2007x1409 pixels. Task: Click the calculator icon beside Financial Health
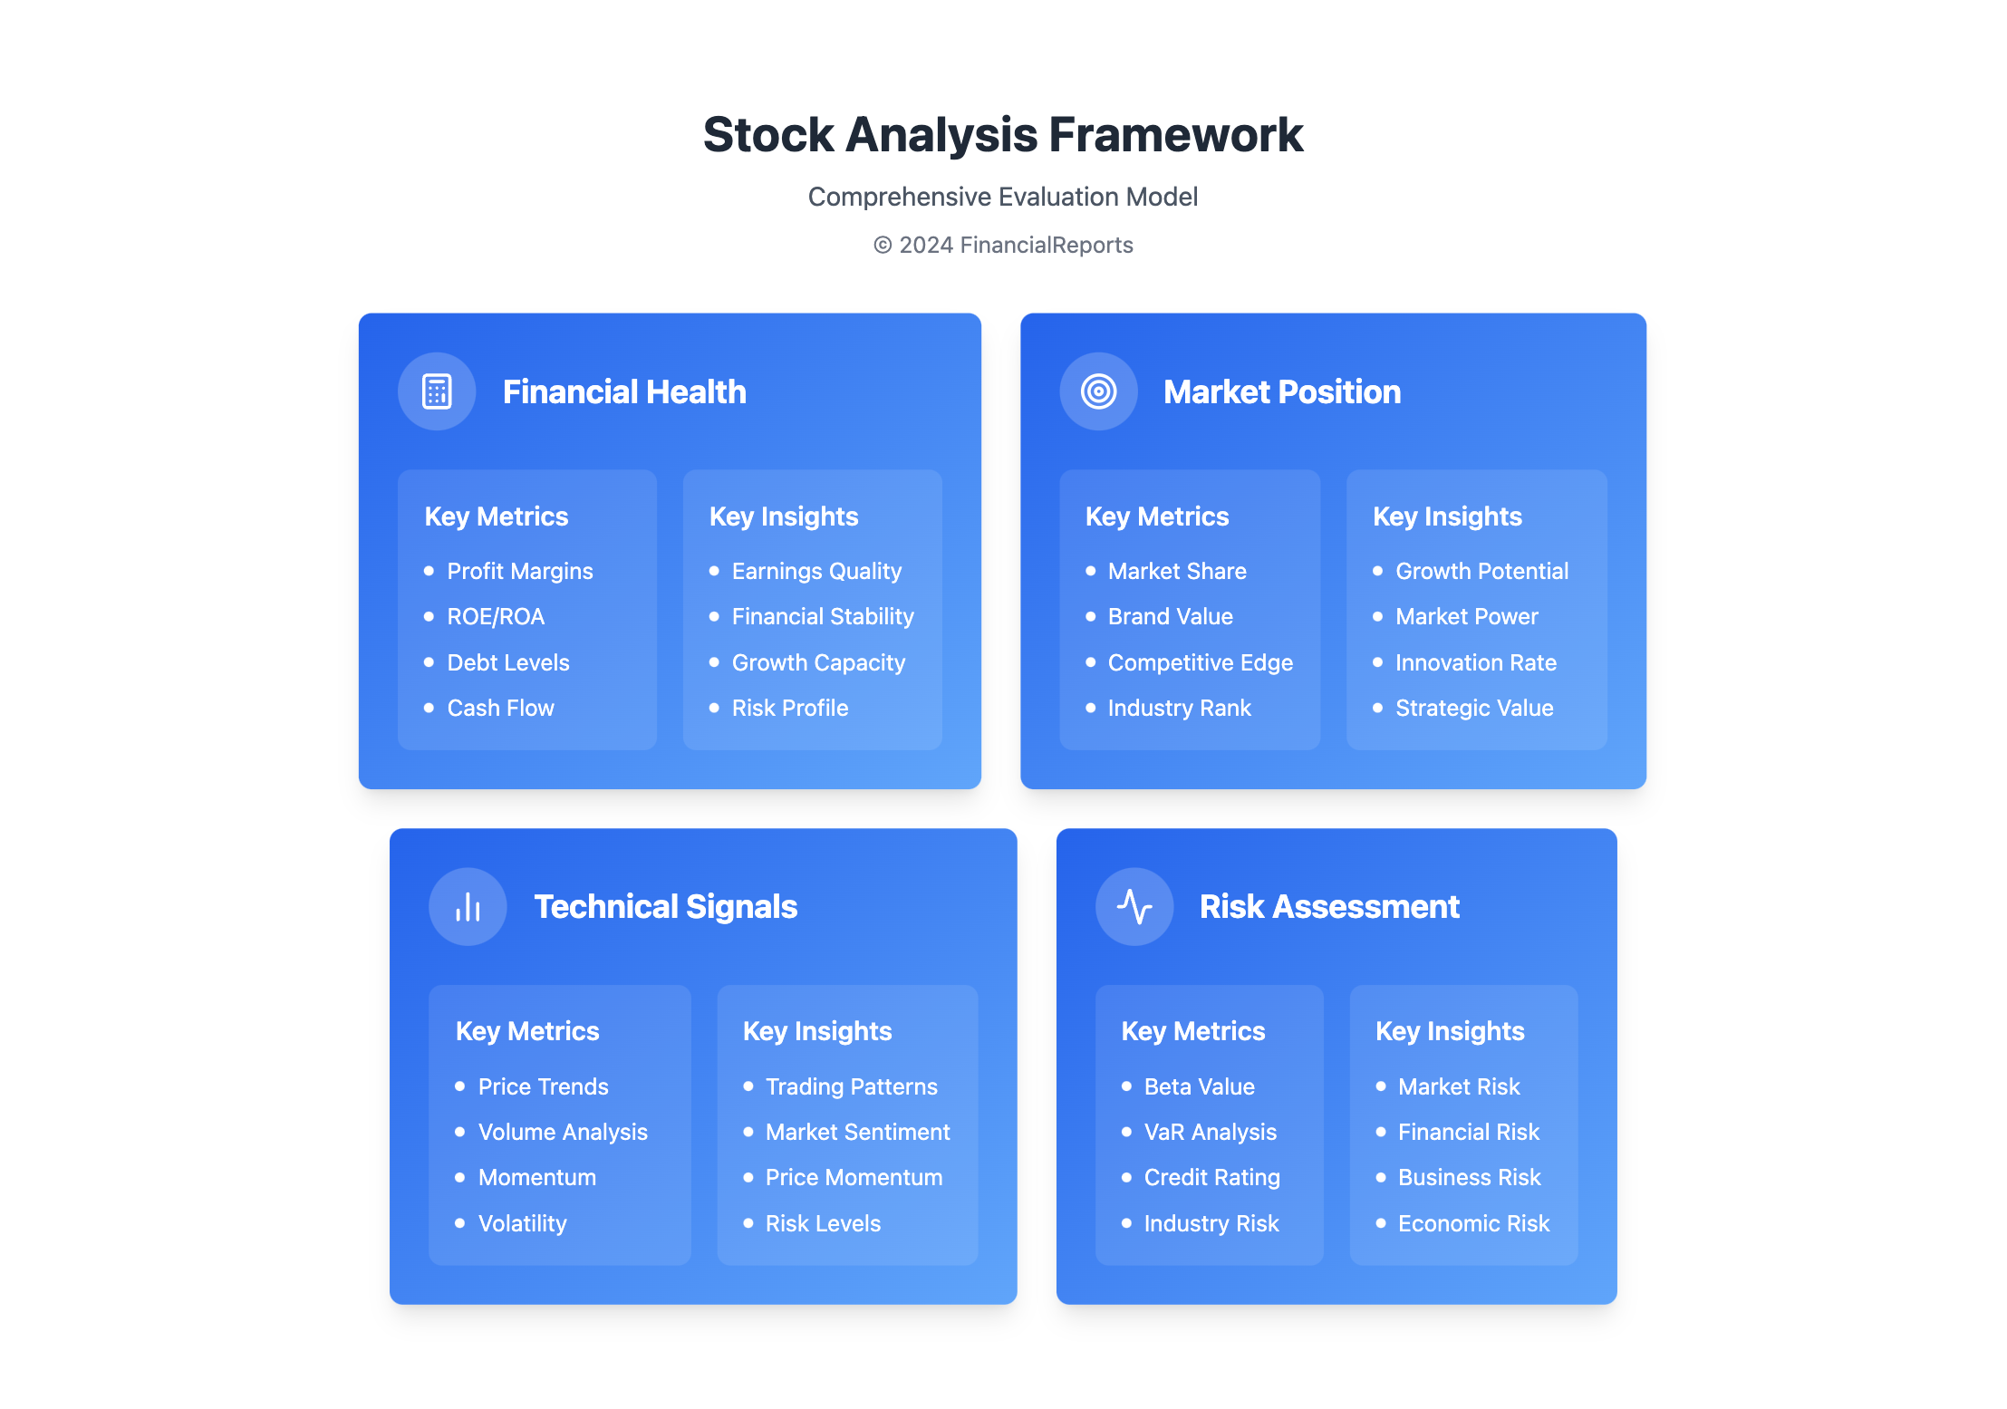pyautogui.click(x=437, y=391)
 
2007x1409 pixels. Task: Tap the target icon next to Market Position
pyautogui.click(x=1098, y=391)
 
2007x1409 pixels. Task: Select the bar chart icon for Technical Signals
pyautogui.click(x=468, y=907)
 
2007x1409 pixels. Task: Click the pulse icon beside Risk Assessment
pyautogui.click(x=1134, y=906)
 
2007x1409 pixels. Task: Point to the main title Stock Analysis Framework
pyautogui.click(x=1003, y=134)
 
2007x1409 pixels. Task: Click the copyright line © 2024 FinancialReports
pyautogui.click(x=1003, y=245)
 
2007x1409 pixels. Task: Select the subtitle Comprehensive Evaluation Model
pyautogui.click(x=1003, y=197)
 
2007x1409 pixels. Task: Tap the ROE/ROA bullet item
pyautogui.click(x=496, y=616)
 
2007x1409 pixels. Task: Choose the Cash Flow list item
pyautogui.click(x=500, y=708)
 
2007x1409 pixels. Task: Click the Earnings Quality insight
pyautogui.click(x=816, y=571)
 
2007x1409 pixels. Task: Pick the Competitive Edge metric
pyautogui.click(x=1200, y=662)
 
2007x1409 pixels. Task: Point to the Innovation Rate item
pyautogui.click(x=1476, y=662)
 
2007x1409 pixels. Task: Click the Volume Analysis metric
pyautogui.click(x=563, y=1132)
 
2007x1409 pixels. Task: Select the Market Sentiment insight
pyautogui.click(x=857, y=1132)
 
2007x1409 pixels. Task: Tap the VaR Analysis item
pyautogui.click(x=1210, y=1132)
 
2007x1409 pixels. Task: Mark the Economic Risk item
pyautogui.click(x=1473, y=1223)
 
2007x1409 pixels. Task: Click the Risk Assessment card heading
pyautogui.click(x=1329, y=906)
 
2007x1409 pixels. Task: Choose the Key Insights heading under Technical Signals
pyautogui.click(x=817, y=1031)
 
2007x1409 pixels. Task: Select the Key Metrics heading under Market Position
pyautogui.click(x=1157, y=516)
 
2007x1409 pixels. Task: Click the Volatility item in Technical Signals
pyautogui.click(x=522, y=1223)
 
